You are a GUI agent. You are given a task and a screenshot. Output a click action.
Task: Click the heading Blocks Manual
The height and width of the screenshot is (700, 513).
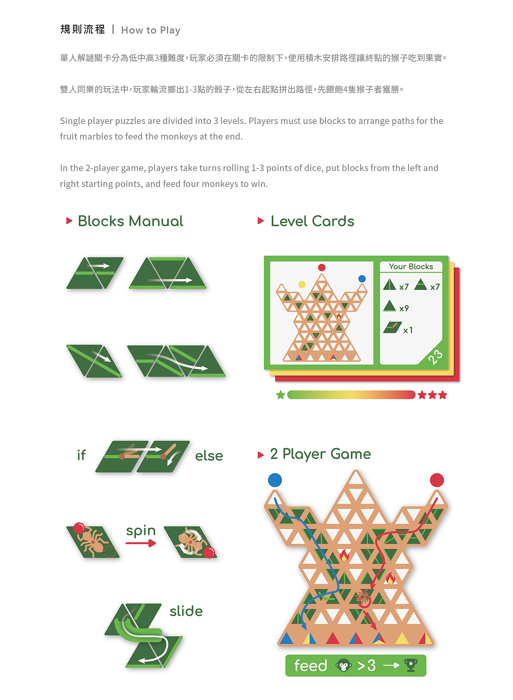[130, 221]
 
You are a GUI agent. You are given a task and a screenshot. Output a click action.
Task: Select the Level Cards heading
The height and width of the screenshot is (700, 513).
[313, 221]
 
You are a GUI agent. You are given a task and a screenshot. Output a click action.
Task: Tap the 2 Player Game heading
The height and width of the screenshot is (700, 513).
[320, 454]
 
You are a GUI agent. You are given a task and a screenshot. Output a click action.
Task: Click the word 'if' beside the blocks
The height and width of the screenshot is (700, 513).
[81, 455]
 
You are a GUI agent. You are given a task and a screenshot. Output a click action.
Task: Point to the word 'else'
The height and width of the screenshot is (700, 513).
[209, 456]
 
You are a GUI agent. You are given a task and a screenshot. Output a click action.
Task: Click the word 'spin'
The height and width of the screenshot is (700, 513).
[141, 531]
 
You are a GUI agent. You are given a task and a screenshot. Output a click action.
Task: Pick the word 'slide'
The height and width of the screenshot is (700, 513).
[186, 611]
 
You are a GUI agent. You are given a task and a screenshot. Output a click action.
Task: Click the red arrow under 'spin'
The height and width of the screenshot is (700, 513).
[141, 543]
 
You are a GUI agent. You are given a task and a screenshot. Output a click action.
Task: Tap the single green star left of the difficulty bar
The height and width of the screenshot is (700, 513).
[281, 395]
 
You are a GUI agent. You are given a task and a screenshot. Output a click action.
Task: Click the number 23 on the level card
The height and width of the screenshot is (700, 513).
[435, 357]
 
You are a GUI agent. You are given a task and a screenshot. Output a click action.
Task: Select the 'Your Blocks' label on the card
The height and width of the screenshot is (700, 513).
[411, 267]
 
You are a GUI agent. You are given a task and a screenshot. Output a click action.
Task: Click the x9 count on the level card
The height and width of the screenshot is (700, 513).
[404, 308]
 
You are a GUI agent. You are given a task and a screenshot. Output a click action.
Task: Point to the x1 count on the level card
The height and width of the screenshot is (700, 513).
[408, 330]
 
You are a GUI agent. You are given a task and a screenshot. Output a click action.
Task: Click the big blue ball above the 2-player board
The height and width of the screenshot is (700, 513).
[275, 480]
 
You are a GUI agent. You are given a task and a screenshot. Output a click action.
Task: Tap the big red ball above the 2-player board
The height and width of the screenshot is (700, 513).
[437, 480]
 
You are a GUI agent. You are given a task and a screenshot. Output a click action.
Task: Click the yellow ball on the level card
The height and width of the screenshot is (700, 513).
[302, 284]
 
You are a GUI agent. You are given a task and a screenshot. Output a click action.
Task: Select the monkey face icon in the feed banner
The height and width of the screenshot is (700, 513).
[343, 666]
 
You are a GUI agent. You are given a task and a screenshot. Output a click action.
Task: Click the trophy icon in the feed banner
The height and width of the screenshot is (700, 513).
[411, 665]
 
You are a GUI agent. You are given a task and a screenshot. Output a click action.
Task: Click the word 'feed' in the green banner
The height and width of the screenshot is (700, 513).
[310, 666]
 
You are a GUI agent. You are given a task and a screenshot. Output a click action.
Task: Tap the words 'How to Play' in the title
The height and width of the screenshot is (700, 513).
[151, 30]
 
